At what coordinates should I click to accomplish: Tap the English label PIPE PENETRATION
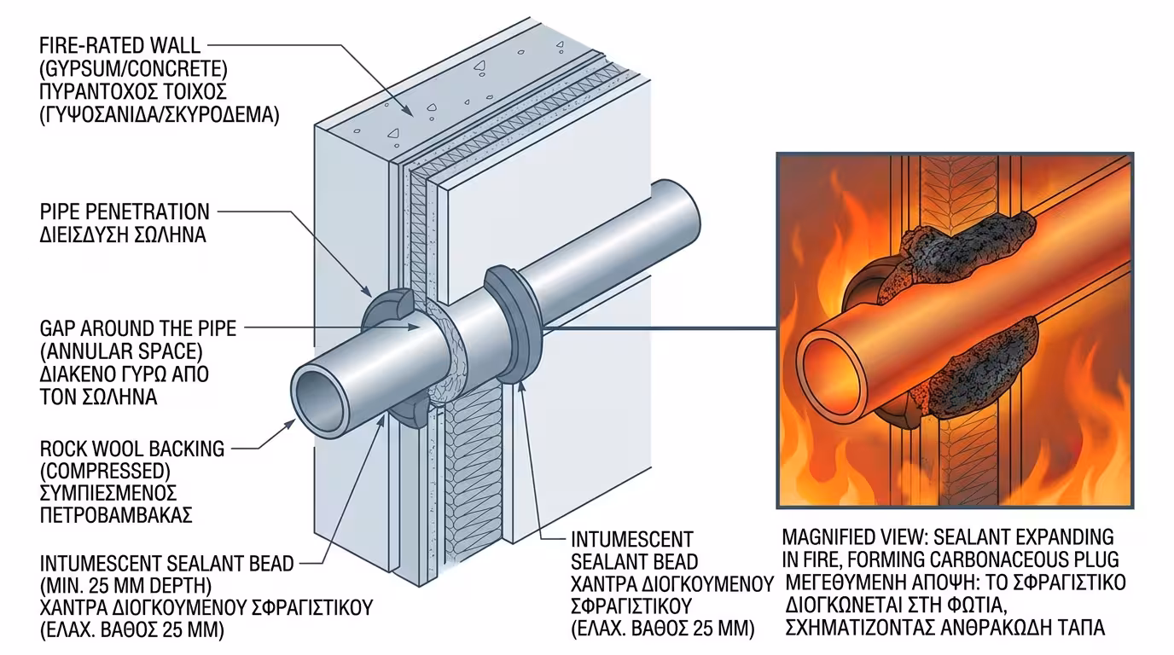click(x=125, y=211)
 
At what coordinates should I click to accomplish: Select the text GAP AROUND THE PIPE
click(x=137, y=328)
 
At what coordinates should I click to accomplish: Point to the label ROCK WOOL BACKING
click(x=132, y=448)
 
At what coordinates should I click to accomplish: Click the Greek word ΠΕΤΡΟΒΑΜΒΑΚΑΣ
click(x=116, y=515)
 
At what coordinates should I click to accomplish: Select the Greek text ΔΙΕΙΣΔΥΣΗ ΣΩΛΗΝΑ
click(x=123, y=235)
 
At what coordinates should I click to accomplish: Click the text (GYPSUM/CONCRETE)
click(x=132, y=67)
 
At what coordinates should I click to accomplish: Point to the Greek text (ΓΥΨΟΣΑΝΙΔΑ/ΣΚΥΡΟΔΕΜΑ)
click(x=159, y=114)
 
